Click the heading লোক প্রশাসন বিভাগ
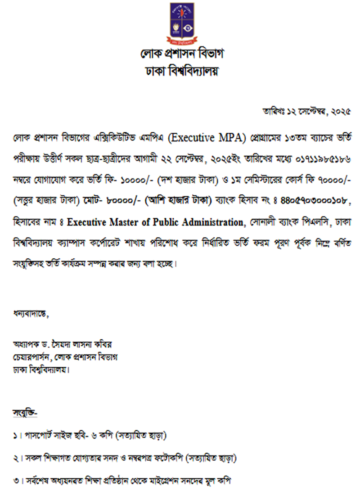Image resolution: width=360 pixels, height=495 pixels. (x=181, y=54)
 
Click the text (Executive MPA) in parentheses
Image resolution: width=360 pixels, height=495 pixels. (x=207, y=138)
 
